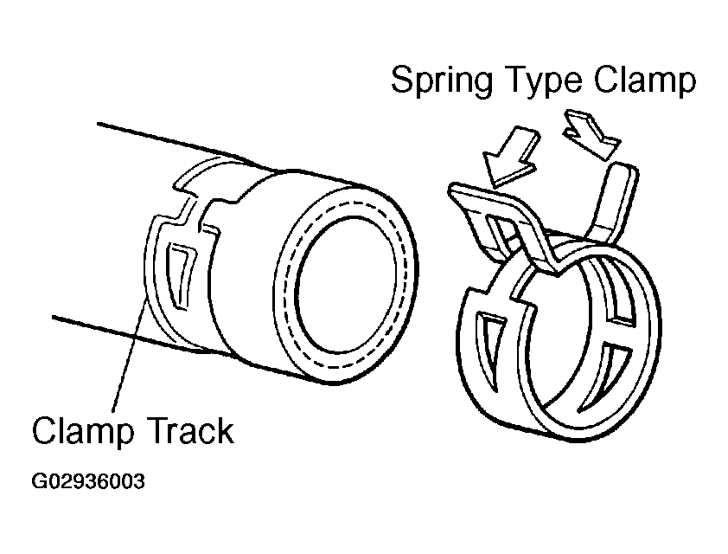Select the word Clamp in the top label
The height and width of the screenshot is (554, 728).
[644, 81]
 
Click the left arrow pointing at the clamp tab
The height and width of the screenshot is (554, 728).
[510, 158]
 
